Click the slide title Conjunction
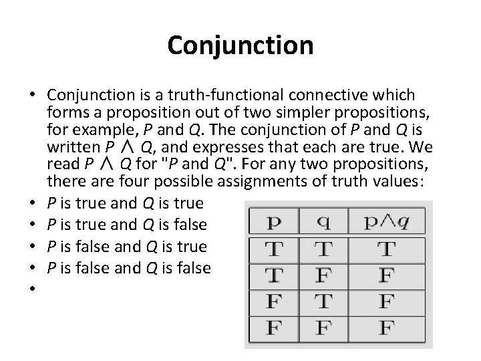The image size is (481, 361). coord(240,45)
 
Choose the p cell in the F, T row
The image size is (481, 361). coord(273,302)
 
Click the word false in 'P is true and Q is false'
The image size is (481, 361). coord(190,225)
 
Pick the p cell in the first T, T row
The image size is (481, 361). coord(273,251)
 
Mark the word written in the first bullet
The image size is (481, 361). coord(70,148)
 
